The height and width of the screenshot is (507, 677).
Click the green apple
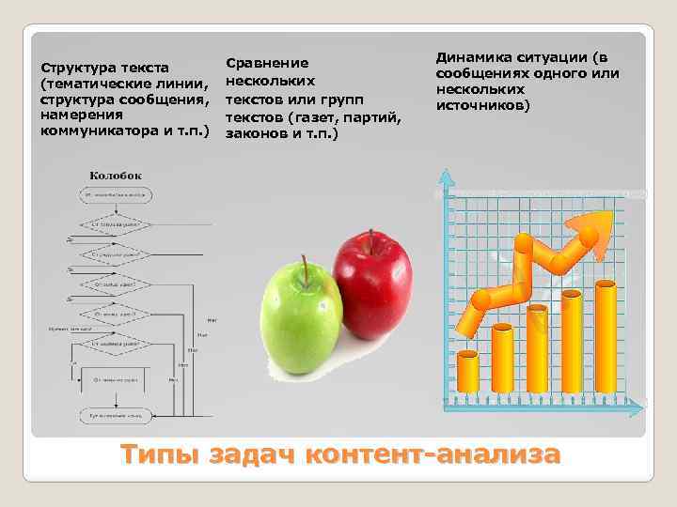pos(298,305)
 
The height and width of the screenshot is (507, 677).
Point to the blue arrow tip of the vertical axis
pos(444,174)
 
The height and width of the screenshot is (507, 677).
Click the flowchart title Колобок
pos(116,176)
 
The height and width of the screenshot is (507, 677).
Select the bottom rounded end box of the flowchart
pos(116,414)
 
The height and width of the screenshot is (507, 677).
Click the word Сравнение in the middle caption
pos(267,63)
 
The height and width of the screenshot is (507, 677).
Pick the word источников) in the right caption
pos(482,105)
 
